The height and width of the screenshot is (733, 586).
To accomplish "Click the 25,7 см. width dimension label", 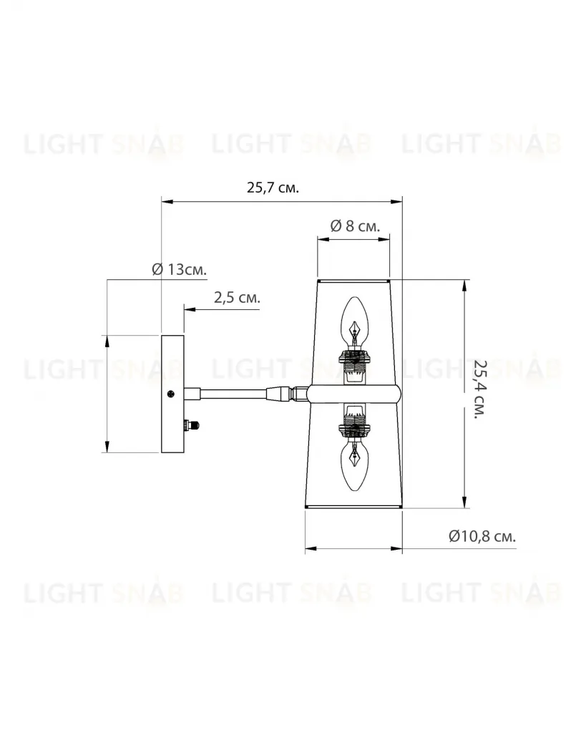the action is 273,188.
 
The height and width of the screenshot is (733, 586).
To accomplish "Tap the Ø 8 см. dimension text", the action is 355,226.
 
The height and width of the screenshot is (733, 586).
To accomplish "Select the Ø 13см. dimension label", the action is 180,270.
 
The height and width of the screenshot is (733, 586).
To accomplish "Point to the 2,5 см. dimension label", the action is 237,298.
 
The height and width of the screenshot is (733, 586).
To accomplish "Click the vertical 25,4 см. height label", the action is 480,389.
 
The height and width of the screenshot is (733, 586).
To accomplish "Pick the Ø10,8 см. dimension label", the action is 482,536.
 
